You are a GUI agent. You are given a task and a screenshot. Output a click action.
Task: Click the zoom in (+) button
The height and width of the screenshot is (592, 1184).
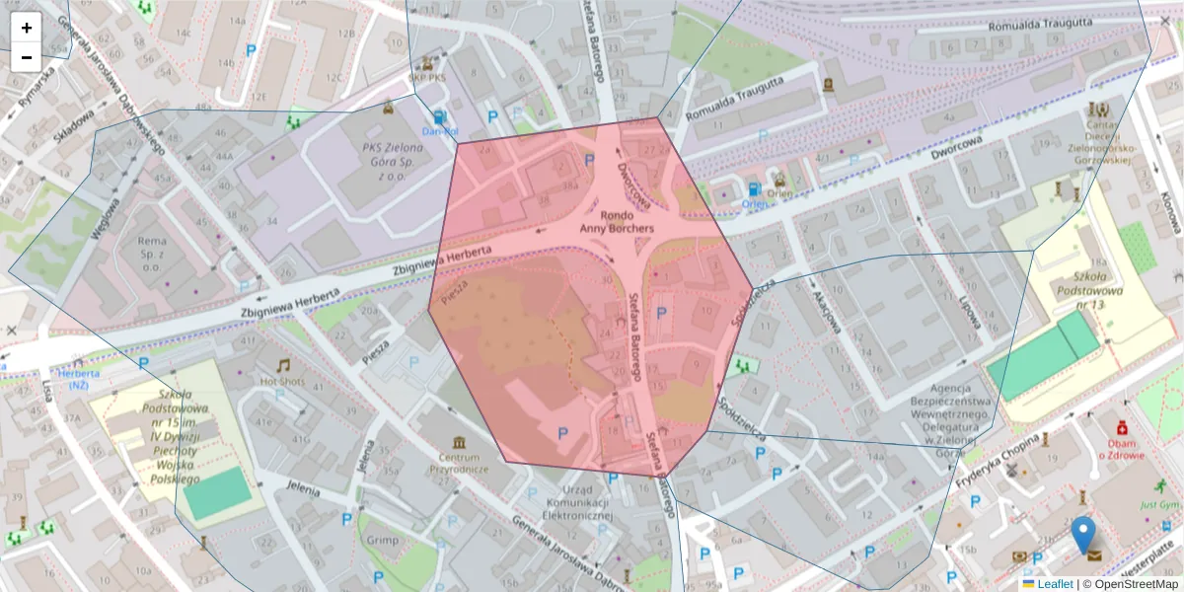[27, 28]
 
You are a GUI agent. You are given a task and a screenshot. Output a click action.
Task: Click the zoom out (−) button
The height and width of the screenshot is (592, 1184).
[27, 57]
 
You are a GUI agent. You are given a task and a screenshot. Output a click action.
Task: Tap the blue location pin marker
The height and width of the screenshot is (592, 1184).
[1083, 534]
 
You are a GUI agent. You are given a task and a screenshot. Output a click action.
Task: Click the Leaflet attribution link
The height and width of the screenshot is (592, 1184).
[1054, 584]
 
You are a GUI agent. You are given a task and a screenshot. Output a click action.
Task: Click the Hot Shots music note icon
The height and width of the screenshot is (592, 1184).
[283, 365]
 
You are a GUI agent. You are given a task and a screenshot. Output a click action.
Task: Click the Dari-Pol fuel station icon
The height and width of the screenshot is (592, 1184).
[439, 117]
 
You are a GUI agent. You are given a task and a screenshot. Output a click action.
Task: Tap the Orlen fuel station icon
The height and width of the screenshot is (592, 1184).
[754, 189]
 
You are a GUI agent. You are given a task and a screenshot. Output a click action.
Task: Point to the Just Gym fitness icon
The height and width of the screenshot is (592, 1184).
[1160, 485]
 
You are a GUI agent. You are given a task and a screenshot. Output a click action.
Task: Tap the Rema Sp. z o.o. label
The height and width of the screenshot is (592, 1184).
[152, 254]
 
